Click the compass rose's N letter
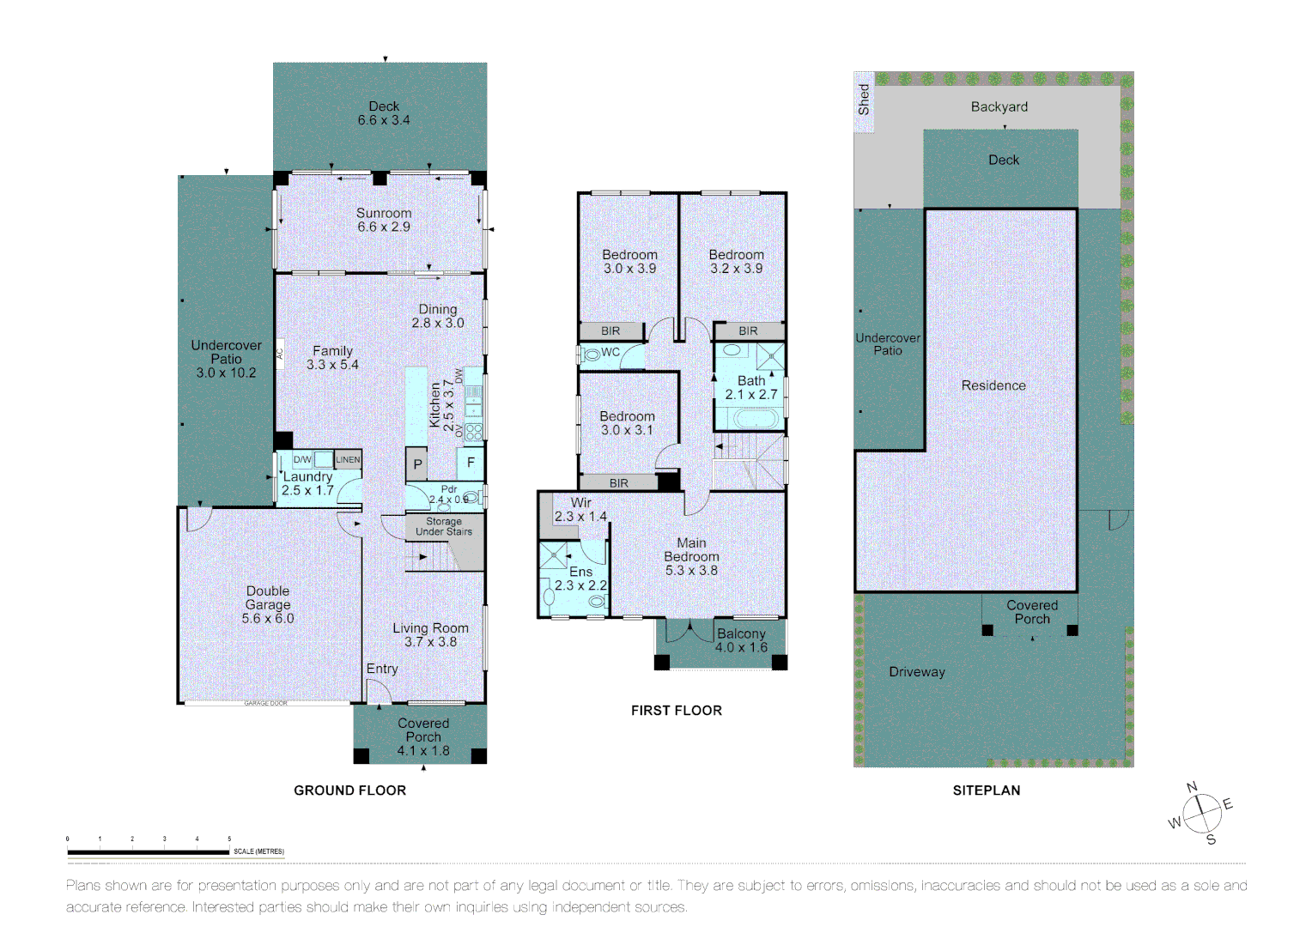coord(1192,787)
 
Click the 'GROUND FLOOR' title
coord(349,791)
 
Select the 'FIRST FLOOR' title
coord(676,711)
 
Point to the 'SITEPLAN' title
coord(986,791)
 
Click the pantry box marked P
coord(417,464)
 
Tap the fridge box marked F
coord(471,463)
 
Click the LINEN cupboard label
coord(348,460)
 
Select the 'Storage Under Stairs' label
coord(444,527)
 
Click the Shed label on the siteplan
coord(864,100)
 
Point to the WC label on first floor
coord(610,352)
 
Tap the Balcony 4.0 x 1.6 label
coord(741,640)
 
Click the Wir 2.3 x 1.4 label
coord(580,510)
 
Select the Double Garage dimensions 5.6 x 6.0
coord(268,618)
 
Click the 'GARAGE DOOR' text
coord(265,704)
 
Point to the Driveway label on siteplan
coord(916,672)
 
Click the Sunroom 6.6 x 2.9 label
coord(384,220)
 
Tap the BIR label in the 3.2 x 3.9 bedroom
coord(748,331)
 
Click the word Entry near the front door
coord(382,669)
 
